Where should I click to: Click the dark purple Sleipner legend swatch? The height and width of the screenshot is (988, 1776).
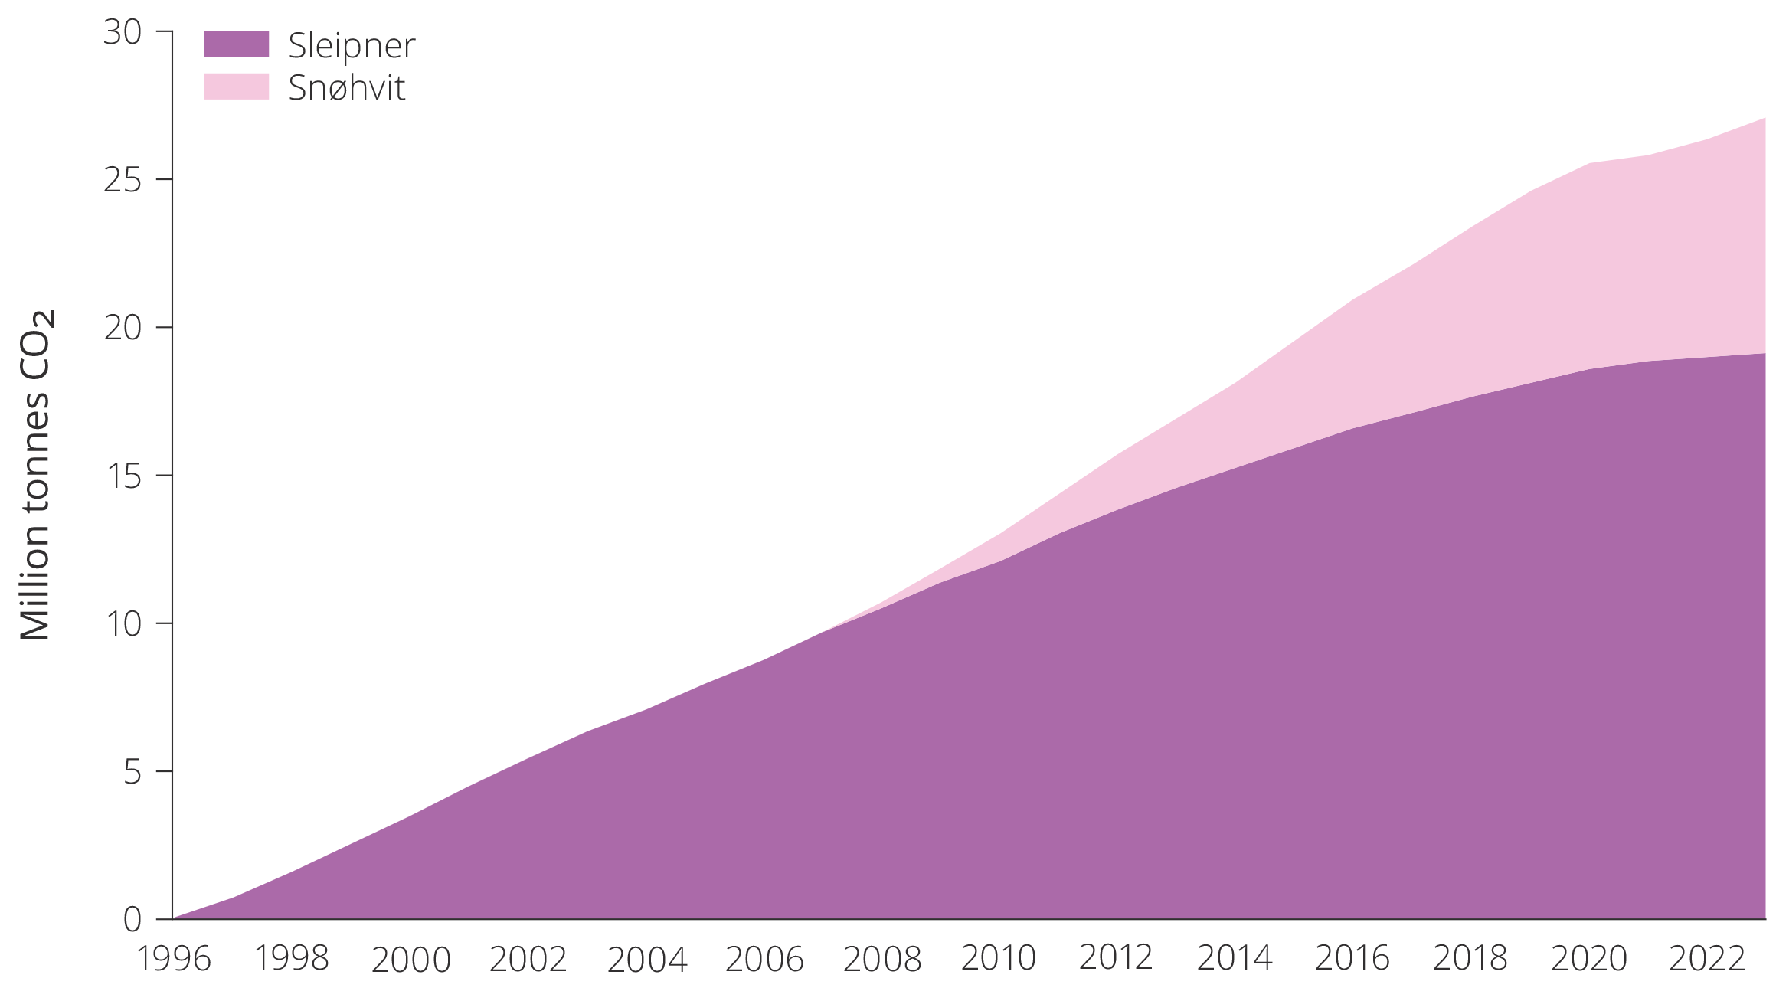point(236,44)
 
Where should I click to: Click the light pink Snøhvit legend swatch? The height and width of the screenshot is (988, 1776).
point(236,87)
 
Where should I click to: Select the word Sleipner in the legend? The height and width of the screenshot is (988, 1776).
point(352,46)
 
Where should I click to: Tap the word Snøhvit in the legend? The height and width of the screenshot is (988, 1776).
point(346,88)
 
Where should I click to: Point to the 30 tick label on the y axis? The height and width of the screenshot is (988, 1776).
point(123,32)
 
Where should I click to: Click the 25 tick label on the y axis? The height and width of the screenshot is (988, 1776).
point(123,180)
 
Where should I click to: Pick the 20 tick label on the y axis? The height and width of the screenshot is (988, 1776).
point(123,328)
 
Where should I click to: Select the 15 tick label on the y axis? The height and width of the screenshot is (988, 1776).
point(123,476)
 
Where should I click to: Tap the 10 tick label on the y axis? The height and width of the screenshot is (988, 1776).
point(123,623)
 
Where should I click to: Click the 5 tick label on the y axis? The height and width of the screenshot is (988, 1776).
point(132,771)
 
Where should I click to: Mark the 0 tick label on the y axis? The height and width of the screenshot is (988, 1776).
point(132,919)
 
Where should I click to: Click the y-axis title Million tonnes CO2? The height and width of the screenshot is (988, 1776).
point(36,475)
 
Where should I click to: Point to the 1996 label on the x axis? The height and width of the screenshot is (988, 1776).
point(174,959)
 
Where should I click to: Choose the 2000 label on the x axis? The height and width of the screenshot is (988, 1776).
point(410,959)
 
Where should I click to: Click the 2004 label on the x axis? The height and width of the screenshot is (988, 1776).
point(647,959)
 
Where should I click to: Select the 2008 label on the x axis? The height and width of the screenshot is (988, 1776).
point(882,959)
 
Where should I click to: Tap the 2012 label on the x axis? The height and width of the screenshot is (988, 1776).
point(1116,957)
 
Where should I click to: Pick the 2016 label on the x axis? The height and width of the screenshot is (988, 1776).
point(1352,957)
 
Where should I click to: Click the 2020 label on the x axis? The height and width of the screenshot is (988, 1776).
point(1588,958)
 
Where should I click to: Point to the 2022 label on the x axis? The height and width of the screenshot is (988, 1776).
point(1706,958)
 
